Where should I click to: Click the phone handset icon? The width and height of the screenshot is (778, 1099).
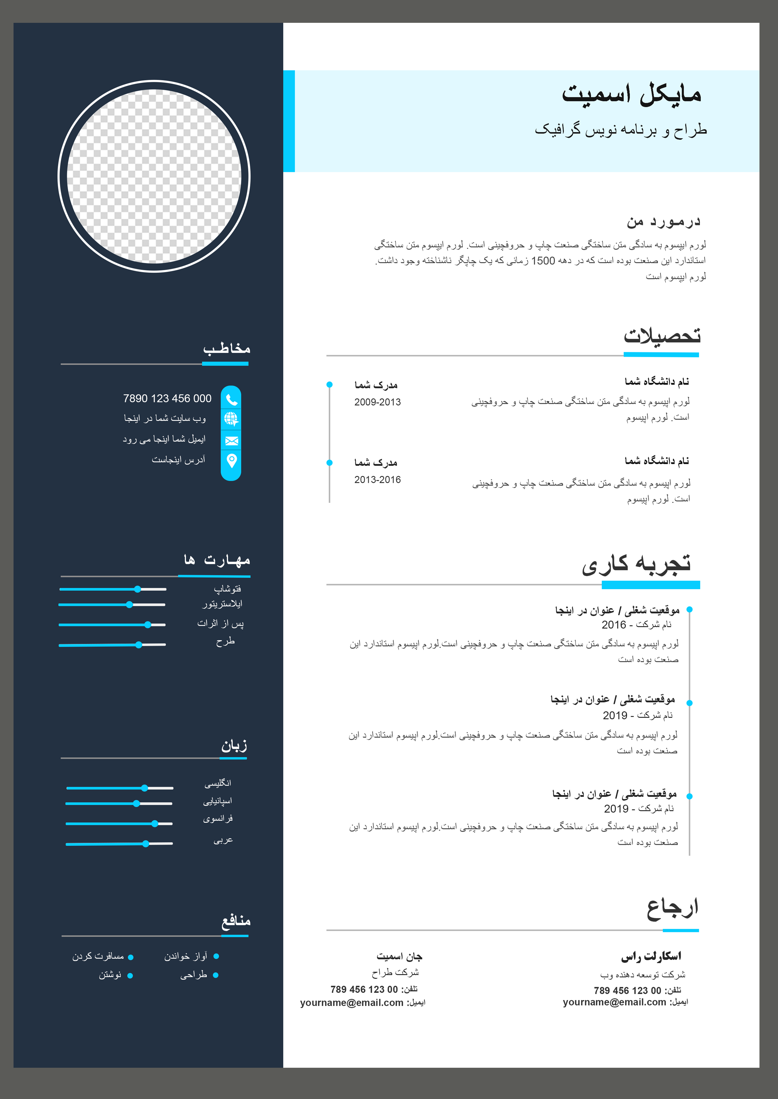231,399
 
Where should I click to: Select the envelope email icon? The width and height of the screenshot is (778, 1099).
231,440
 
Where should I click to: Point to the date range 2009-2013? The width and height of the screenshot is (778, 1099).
377,402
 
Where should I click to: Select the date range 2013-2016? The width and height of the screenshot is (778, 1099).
377,480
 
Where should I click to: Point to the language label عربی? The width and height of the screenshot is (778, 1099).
223,840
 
